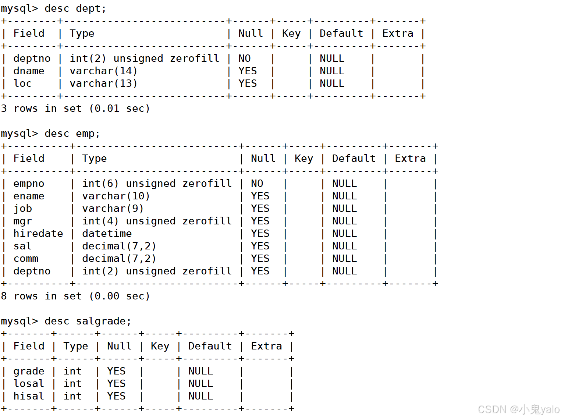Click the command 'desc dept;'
75,8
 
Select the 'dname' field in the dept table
29,71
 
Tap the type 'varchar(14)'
103,71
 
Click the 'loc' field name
22,84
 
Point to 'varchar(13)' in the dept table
103,84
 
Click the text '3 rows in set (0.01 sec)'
75,109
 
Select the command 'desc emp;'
72,134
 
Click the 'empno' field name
29,184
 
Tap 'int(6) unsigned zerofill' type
157,184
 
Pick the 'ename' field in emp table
29,196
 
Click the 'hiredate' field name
38,234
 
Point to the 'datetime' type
107,234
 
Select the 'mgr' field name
22,221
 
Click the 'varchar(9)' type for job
113,209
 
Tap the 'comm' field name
26,259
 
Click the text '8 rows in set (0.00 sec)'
75,296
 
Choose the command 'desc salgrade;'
88,321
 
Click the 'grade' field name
29,371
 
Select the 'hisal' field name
29,396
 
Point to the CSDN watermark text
518,409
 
